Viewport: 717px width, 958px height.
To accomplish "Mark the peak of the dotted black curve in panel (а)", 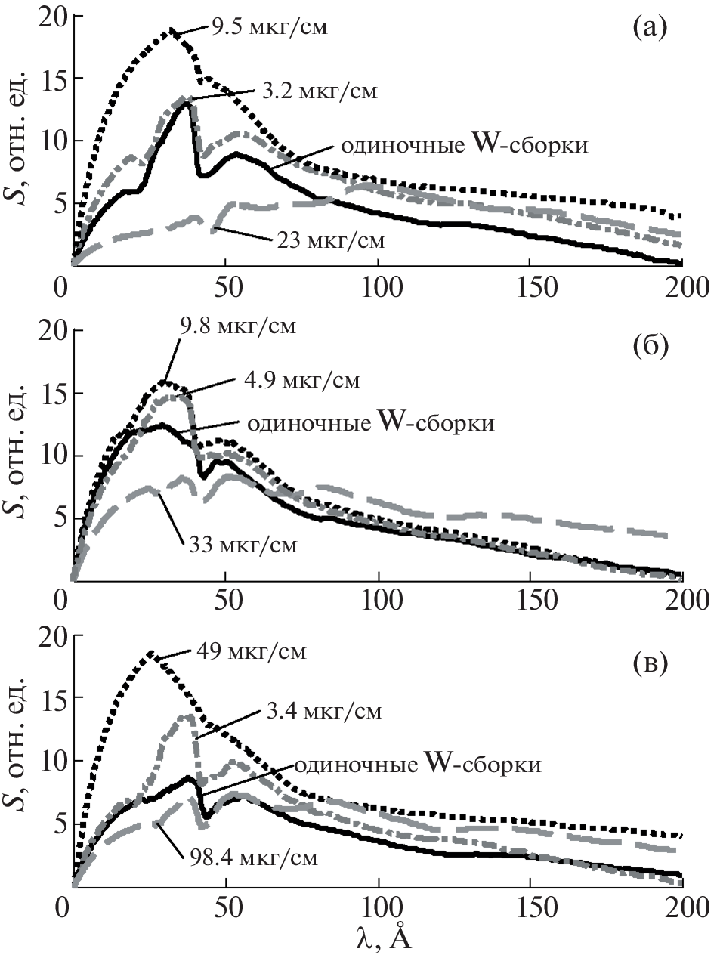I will click(172, 31).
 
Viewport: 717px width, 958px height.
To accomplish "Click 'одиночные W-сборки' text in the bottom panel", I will click(418, 765).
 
